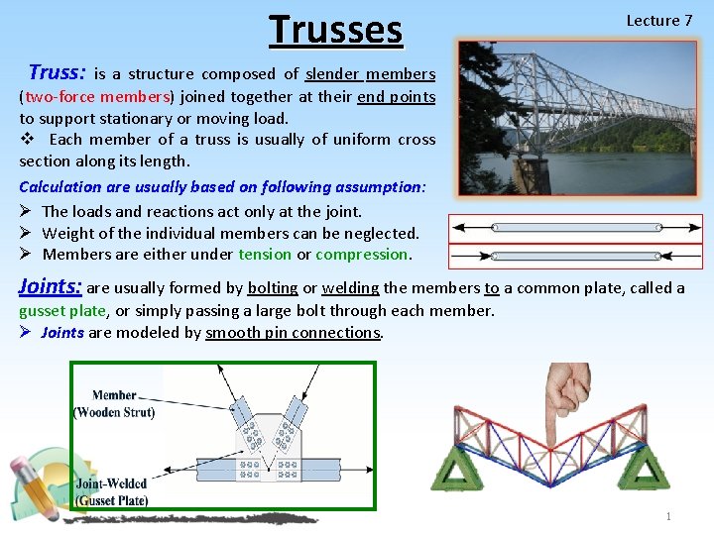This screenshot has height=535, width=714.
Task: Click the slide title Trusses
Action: (336, 30)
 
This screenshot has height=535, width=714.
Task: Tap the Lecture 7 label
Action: (658, 21)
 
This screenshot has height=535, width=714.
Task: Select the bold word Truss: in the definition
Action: (58, 72)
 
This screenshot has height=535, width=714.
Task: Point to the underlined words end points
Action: (396, 96)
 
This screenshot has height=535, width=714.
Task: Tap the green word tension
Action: (265, 255)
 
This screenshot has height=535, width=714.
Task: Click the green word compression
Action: (362, 255)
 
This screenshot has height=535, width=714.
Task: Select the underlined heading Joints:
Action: (51, 287)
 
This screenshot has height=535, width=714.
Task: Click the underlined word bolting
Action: (273, 288)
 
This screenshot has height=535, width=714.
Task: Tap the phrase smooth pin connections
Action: (293, 333)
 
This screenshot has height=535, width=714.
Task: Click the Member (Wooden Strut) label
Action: (114, 404)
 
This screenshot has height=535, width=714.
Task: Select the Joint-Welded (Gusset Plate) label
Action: (111, 492)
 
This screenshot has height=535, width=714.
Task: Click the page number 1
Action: (669, 516)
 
